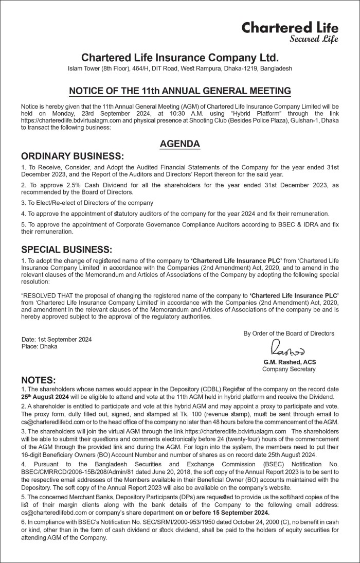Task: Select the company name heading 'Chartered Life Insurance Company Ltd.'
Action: click(179, 57)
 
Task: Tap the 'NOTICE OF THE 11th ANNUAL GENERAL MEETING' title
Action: click(179, 92)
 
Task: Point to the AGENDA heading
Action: click(179, 144)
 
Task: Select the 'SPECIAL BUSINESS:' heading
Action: click(66, 250)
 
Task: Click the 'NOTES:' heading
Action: click(38, 380)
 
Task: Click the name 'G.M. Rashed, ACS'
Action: click(289, 362)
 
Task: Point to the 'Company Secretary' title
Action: click(289, 370)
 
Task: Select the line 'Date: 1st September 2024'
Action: click(57, 340)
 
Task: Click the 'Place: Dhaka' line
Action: click(40, 347)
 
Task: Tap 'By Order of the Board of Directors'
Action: click(289, 333)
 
